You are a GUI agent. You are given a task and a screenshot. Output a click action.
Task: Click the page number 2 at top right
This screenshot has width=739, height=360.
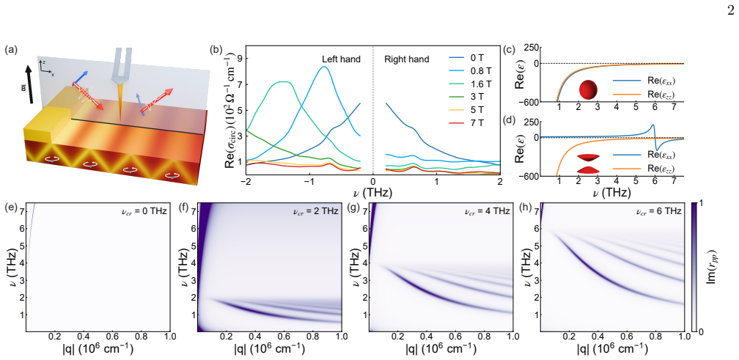[730, 10]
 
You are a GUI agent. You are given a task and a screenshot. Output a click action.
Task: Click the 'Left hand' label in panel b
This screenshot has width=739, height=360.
[341, 59]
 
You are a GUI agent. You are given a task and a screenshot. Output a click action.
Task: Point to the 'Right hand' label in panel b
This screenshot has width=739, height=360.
[407, 59]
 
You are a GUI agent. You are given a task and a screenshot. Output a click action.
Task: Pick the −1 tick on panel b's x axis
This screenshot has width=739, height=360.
[309, 181]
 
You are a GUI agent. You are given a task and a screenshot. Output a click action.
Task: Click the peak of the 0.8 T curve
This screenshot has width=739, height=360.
[323, 67]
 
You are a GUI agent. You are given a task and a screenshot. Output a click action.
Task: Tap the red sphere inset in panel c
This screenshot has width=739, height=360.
[588, 89]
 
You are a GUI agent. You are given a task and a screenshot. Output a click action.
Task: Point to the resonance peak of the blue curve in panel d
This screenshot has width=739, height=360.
[652, 125]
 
